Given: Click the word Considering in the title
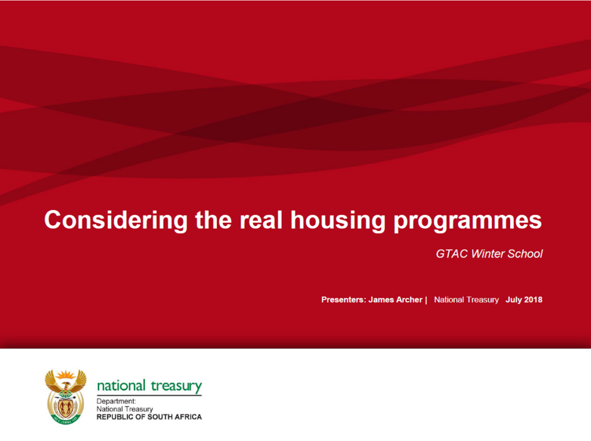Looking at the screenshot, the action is click(x=115, y=220).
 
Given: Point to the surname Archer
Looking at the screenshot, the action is click(x=409, y=300).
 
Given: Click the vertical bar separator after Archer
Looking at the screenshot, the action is click(x=426, y=300).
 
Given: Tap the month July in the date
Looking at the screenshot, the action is click(x=513, y=300).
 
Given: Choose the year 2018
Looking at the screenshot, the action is click(x=533, y=300).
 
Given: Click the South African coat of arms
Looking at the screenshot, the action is click(x=66, y=396).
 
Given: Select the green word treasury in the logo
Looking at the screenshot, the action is click(x=176, y=386).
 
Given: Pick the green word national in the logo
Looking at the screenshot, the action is click(x=121, y=386).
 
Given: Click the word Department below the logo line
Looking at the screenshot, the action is click(x=116, y=401).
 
